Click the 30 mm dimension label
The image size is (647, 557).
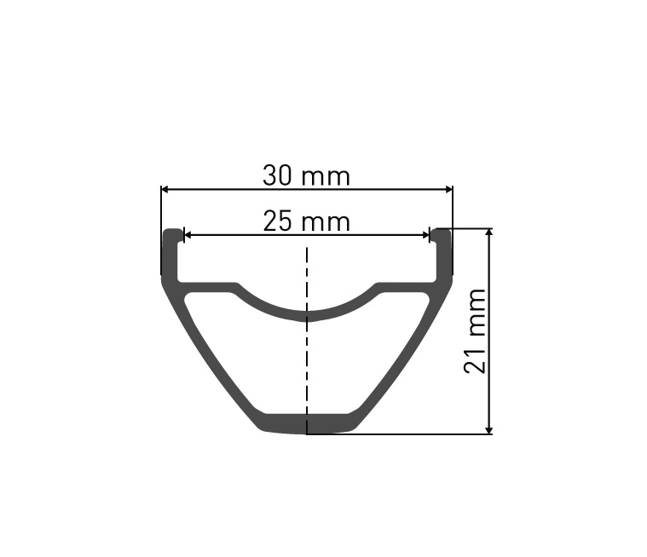coord(306,176)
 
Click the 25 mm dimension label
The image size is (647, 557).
coord(306,221)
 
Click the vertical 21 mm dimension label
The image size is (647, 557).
coord(476,330)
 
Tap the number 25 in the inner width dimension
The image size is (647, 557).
coord(277,221)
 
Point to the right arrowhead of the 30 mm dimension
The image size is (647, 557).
coord(447,189)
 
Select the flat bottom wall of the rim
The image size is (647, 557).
coord(307,423)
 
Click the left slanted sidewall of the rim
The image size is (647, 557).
coord(213,358)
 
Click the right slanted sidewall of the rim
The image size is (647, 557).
coord(401,358)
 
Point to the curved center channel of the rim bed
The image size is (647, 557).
coord(307,313)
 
